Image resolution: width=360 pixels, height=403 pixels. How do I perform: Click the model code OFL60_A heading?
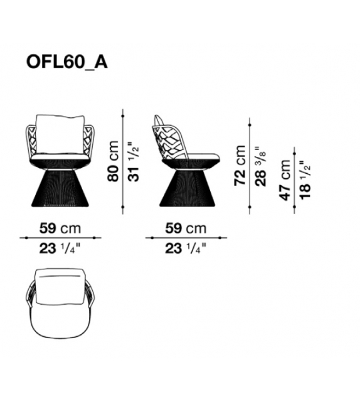[x=66, y=62]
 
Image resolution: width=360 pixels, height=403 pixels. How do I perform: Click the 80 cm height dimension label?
[x=114, y=161]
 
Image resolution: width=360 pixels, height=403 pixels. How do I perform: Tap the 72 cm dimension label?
[x=240, y=165]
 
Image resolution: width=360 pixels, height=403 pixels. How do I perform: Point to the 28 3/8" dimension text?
[x=260, y=166]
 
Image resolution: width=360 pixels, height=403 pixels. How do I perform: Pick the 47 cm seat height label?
[x=285, y=180]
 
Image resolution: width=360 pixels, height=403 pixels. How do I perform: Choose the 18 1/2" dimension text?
[x=305, y=180]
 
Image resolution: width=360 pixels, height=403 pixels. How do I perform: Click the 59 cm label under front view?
[x=60, y=228]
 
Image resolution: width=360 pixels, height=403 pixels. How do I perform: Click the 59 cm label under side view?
[x=186, y=228]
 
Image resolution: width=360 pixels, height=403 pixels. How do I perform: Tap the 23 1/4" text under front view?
[x=60, y=249]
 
